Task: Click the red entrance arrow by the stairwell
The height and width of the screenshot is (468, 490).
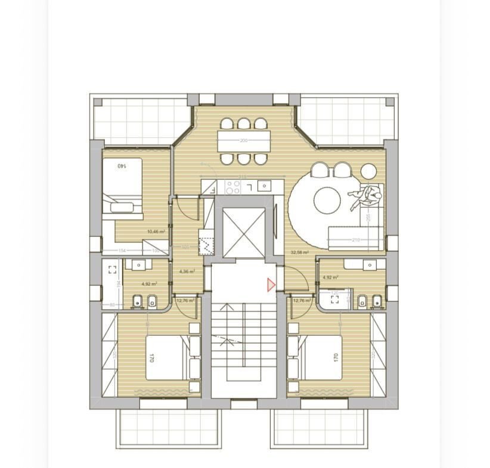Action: pyautogui.click(x=271, y=285)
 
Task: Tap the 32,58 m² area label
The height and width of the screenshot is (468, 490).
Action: pyautogui.click(x=299, y=252)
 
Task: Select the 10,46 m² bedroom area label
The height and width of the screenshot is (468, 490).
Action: pyautogui.click(x=156, y=232)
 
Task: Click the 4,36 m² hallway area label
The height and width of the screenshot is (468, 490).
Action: pyautogui.click(x=187, y=272)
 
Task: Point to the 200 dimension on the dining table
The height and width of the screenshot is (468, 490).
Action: pyautogui.click(x=243, y=141)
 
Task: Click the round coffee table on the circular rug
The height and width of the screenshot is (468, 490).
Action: pyautogui.click(x=327, y=200)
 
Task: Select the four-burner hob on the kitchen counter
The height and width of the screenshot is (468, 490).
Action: pyautogui.click(x=232, y=188)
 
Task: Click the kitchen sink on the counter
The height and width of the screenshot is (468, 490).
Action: pyautogui.click(x=263, y=186)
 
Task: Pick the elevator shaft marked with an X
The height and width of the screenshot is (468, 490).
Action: pyautogui.click(x=243, y=233)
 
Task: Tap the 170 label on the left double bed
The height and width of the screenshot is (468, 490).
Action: pyautogui.click(x=152, y=358)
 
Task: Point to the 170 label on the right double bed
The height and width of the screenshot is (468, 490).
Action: pyautogui.click(x=336, y=358)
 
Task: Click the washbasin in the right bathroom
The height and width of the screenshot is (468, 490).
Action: pyautogui.click(x=370, y=265)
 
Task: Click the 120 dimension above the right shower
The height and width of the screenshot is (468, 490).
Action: pyautogui.click(x=334, y=293)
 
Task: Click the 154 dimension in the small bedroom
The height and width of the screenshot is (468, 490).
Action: pyautogui.click(x=122, y=251)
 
